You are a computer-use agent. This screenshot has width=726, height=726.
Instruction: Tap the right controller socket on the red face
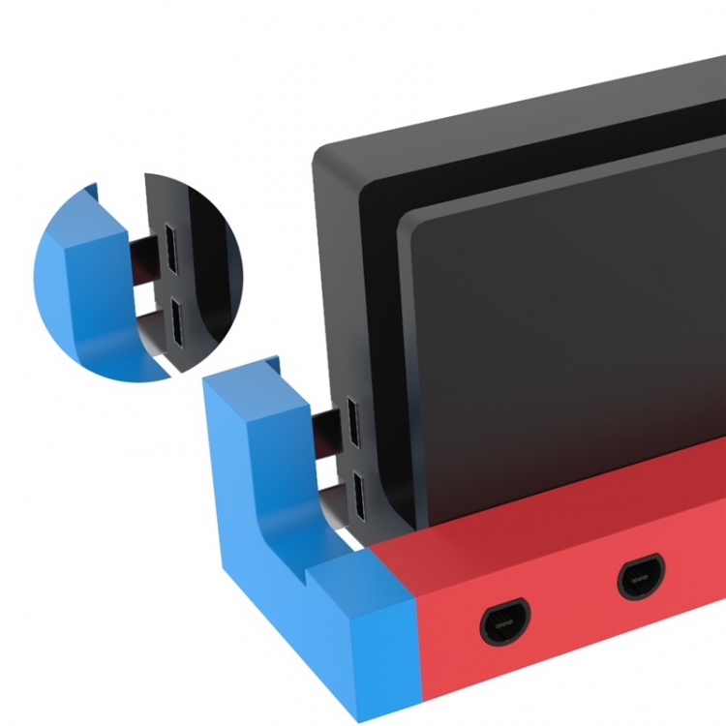click(x=641, y=578)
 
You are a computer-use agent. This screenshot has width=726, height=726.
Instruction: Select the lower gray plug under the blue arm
click(x=327, y=503)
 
